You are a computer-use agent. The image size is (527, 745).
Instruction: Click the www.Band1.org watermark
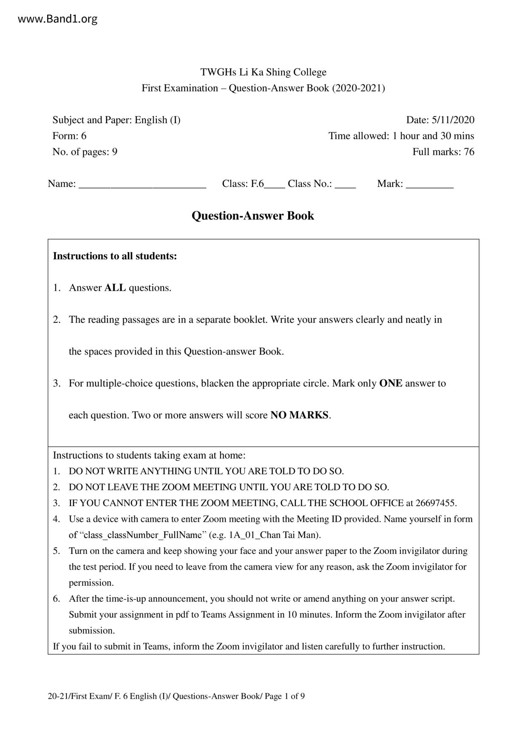click(x=58, y=19)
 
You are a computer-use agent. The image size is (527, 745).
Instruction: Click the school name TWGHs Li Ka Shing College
click(x=263, y=72)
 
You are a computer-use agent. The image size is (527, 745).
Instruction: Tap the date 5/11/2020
click(x=453, y=120)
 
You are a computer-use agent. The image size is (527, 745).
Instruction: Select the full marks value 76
click(x=469, y=152)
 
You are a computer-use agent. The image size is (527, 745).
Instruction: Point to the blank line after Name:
click(x=142, y=184)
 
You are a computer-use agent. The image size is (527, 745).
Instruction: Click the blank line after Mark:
click(x=430, y=184)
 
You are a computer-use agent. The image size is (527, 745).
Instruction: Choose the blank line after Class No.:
click(x=345, y=184)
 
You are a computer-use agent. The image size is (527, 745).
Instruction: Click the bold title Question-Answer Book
click(x=253, y=216)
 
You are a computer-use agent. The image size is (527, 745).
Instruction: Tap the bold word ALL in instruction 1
click(x=115, y=288)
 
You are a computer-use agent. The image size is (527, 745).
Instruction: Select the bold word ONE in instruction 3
click(x=391, y=384)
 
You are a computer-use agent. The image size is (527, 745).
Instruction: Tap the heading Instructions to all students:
click(x=115, y=256)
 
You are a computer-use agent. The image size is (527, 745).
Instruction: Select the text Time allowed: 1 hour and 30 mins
click(x=401, y=136)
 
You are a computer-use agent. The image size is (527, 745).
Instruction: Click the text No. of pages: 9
click(x=85, y=152)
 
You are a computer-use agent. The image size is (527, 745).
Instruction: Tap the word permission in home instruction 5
click(x=91, y=583)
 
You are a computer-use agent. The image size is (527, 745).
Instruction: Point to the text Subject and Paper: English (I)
click(x=116, y=120)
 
